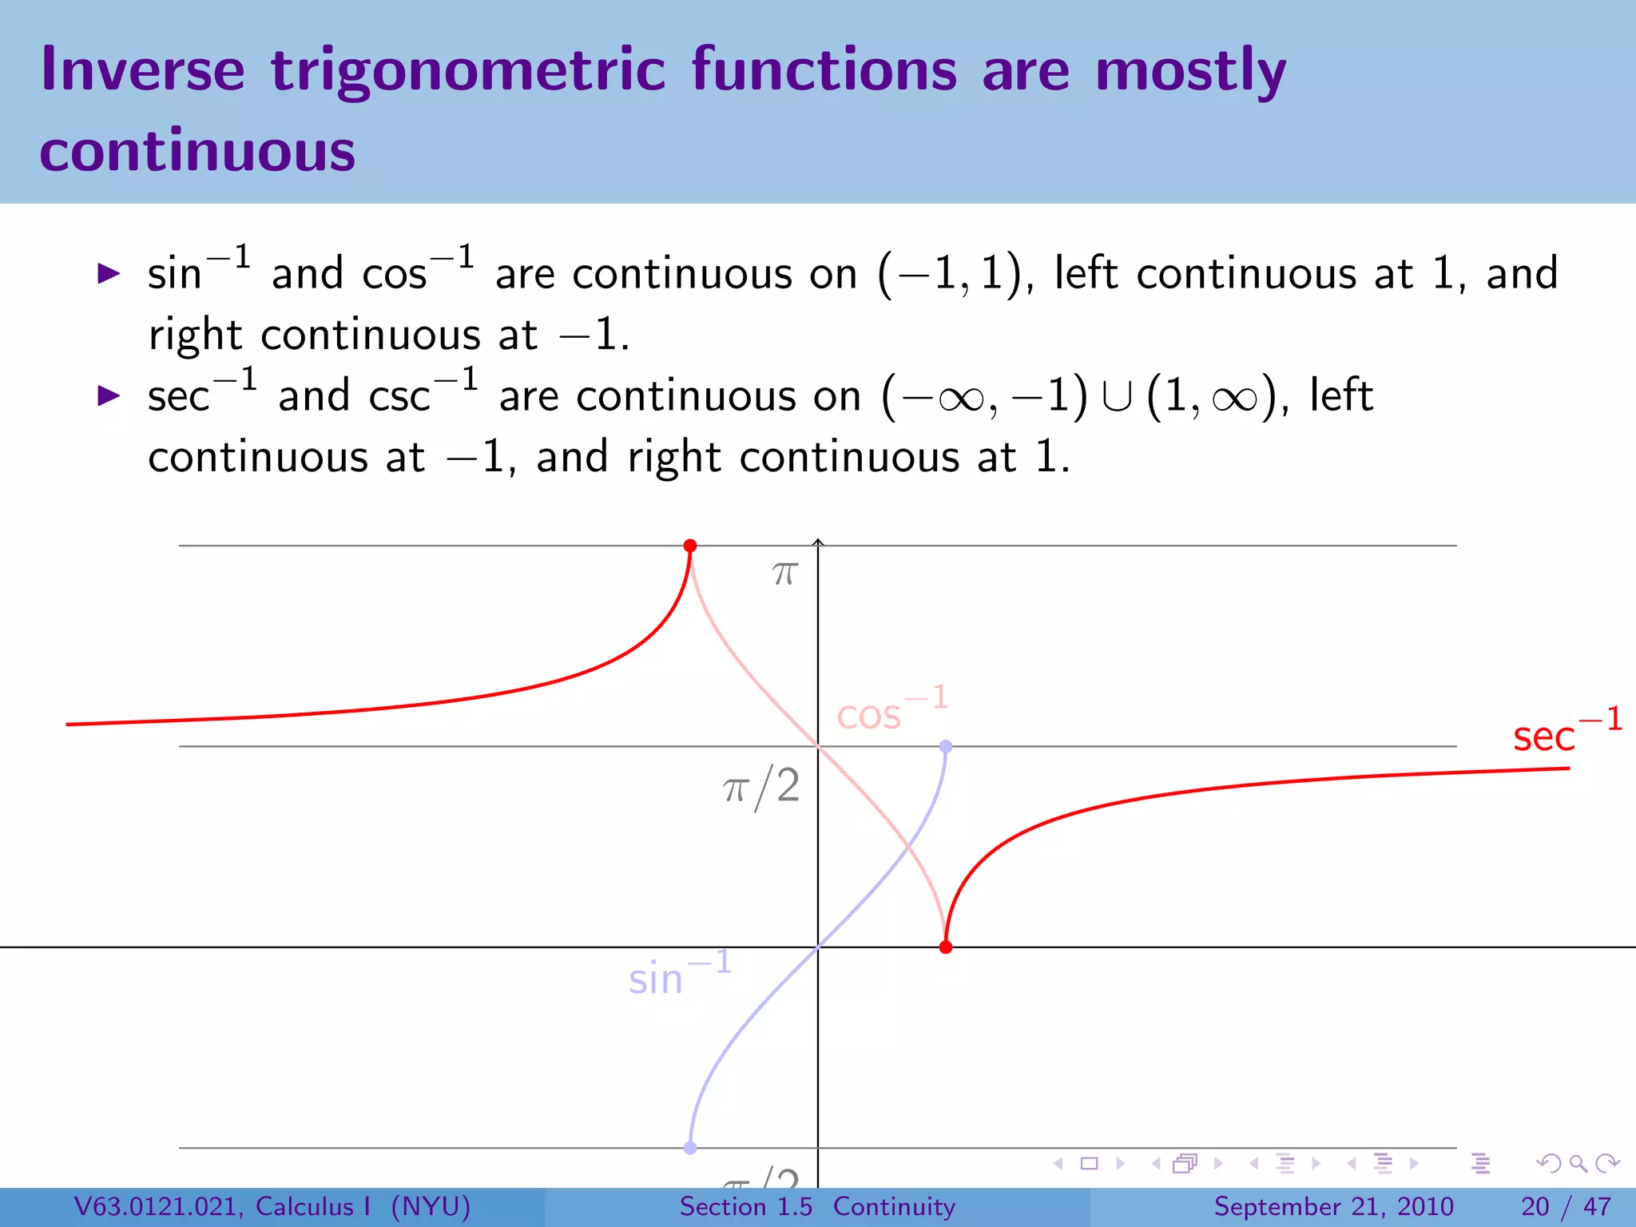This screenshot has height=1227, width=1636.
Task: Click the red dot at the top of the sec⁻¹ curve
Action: pyautogui.click(x=690, y=546)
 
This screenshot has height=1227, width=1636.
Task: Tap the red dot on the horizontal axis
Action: pyautogui.click(x=946, y=947)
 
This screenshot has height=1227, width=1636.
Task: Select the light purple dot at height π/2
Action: pyautogui.click(x=946, y=746)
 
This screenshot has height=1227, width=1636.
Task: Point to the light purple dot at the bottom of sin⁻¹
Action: pyautogui.click(x=690, y=1148)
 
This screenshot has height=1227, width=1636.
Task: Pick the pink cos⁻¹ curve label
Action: pyautogui.click(x=891, y=709)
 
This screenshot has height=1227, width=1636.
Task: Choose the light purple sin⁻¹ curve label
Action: pyautogui.click(x=679, y=975)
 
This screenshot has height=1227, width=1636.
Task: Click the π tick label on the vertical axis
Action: pyautogui.click(x=784, y=573)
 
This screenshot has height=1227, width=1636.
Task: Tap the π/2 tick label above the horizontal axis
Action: pyautogui.click(x=761, y=787)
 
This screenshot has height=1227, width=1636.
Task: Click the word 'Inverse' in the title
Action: pyautogui.click(x=142, y=70)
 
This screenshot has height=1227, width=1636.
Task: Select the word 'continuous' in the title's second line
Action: pyautogui.click(x=197, y=151)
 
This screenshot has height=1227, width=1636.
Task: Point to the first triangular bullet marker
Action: pyautogui.click(x=108, y=274)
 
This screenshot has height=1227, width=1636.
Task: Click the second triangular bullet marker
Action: pyautogui.click(x=108, y=395)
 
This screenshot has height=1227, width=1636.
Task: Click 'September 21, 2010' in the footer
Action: pyautogui.click(x=1333, y=1206)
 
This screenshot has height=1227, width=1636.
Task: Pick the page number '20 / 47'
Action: pyautogui.click(x=1566, y=1206)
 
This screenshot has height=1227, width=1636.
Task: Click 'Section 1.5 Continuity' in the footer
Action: pyautogui.click(x=817, y=1206)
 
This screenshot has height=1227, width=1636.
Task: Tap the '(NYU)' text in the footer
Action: pyautogui.click(x=431, y=1206)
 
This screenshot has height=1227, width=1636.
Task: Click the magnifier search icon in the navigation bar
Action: pyautogui.click(x=1578, y=1163)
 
